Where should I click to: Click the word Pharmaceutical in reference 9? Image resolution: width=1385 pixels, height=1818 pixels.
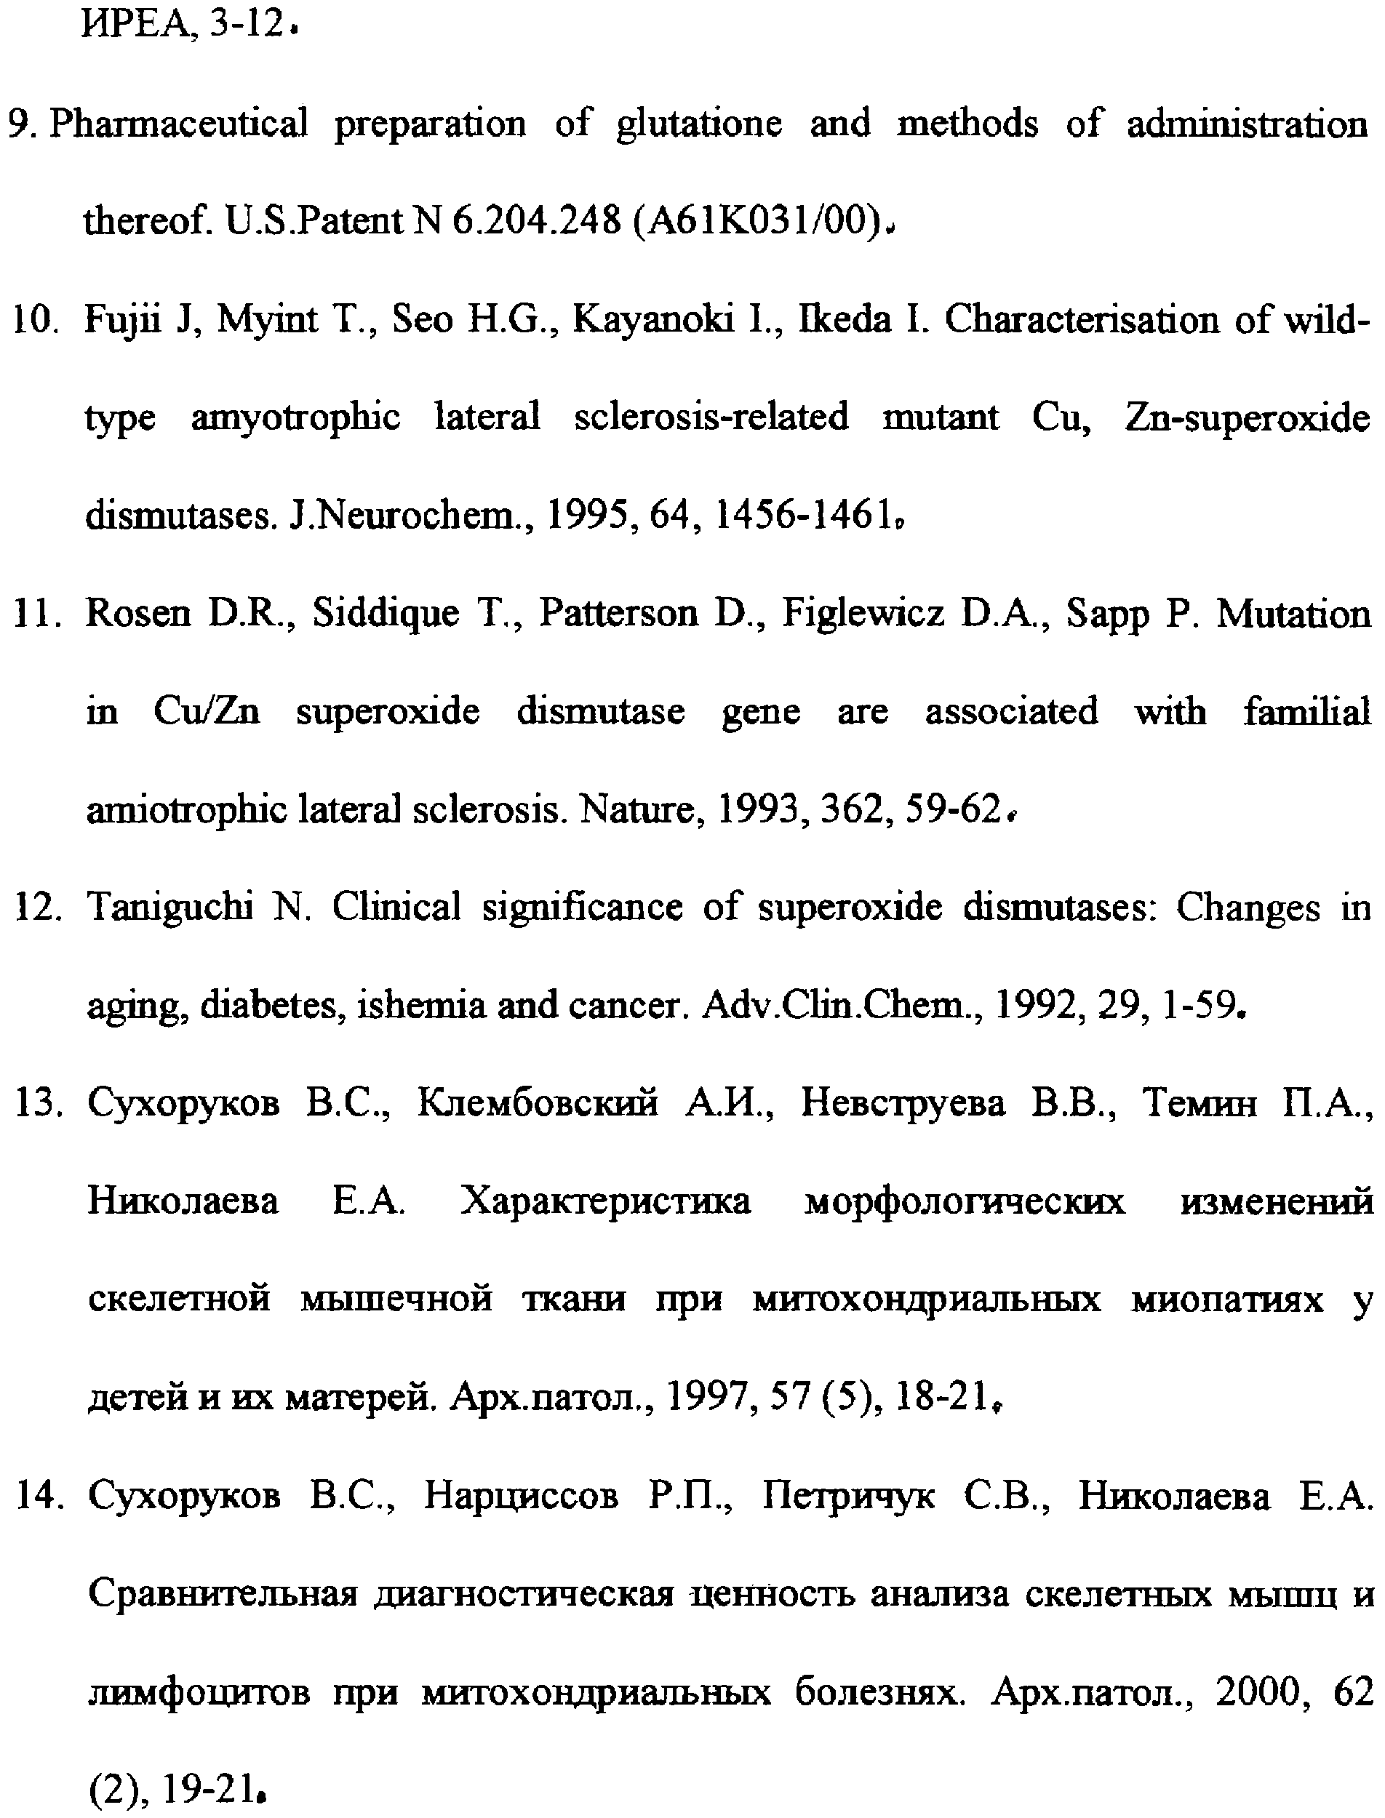(179, 124)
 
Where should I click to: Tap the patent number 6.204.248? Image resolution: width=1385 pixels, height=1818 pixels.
(537, 220)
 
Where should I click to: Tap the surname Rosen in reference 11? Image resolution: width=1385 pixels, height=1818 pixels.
(138, 613)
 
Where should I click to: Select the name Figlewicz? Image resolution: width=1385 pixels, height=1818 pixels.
(862, 613)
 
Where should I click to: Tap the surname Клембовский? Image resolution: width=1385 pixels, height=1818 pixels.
(538, 1102)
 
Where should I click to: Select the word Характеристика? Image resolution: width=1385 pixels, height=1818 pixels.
(606, 1201)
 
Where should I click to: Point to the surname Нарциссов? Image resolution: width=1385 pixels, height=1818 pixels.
(521, 1495)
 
